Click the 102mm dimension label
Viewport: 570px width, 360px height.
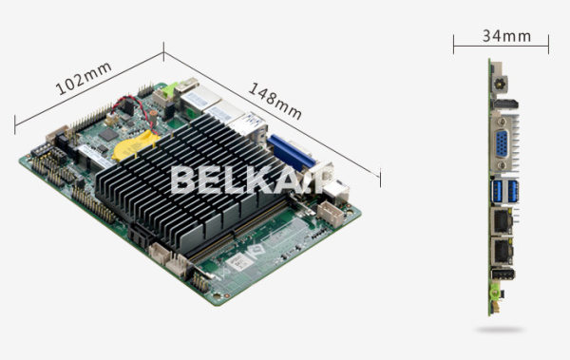click(x=84, y=79)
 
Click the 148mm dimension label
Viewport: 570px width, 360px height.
click(x=275, y=101)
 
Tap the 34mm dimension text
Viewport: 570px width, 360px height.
click(x=506, y=36)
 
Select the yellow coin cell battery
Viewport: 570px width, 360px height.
click(x=135, y=146)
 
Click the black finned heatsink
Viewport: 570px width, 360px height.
click(x=189, y=181)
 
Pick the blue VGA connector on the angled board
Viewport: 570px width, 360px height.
click(x=291, y=153)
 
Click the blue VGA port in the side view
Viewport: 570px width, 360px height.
click(x=502, y=143)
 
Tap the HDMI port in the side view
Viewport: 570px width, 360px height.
click(x=505, y=104)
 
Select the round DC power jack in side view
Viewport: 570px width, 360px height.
click(x=500, y=85)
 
